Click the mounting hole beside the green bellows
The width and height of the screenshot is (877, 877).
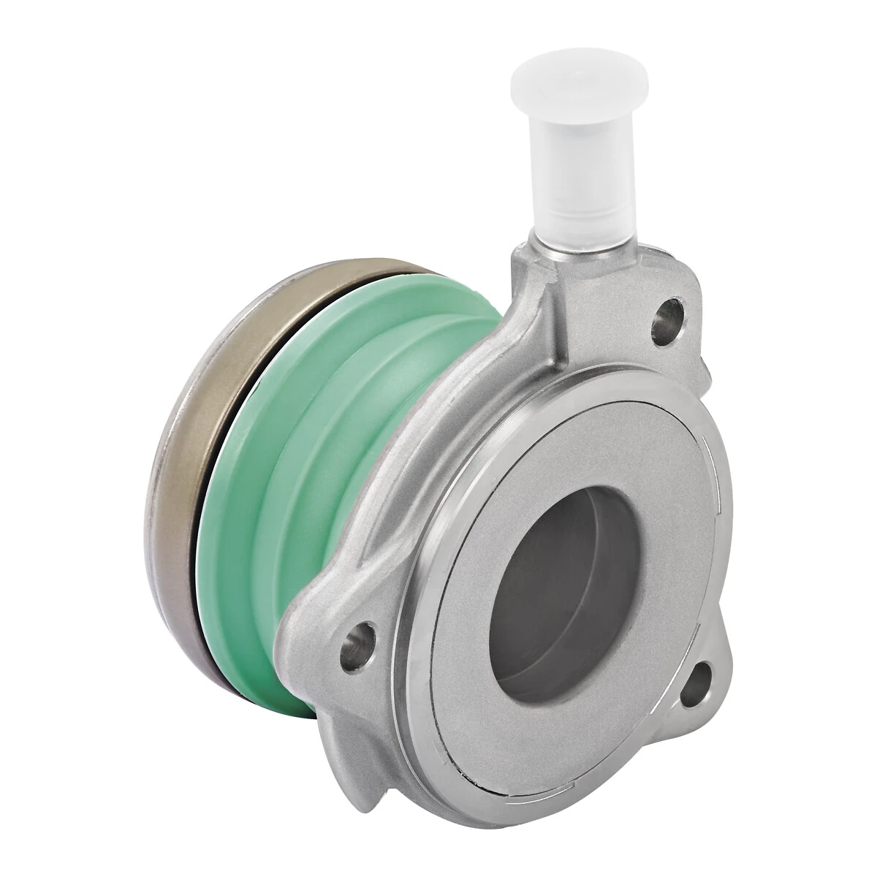[x=358, y=642]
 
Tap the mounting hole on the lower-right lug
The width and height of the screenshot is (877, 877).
[x=699, y=683]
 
